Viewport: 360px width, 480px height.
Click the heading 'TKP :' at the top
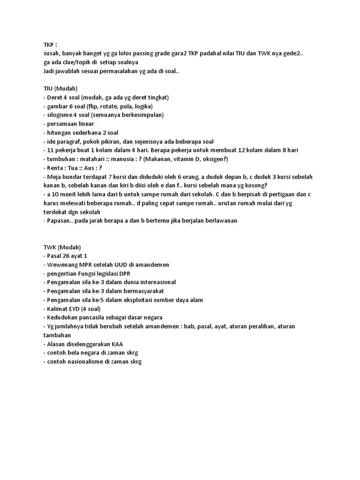click(50, 45)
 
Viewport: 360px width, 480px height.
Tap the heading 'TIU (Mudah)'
click(60, 89)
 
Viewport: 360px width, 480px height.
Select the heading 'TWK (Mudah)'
click(62, 247)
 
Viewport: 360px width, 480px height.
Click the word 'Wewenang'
click(62, 265)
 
